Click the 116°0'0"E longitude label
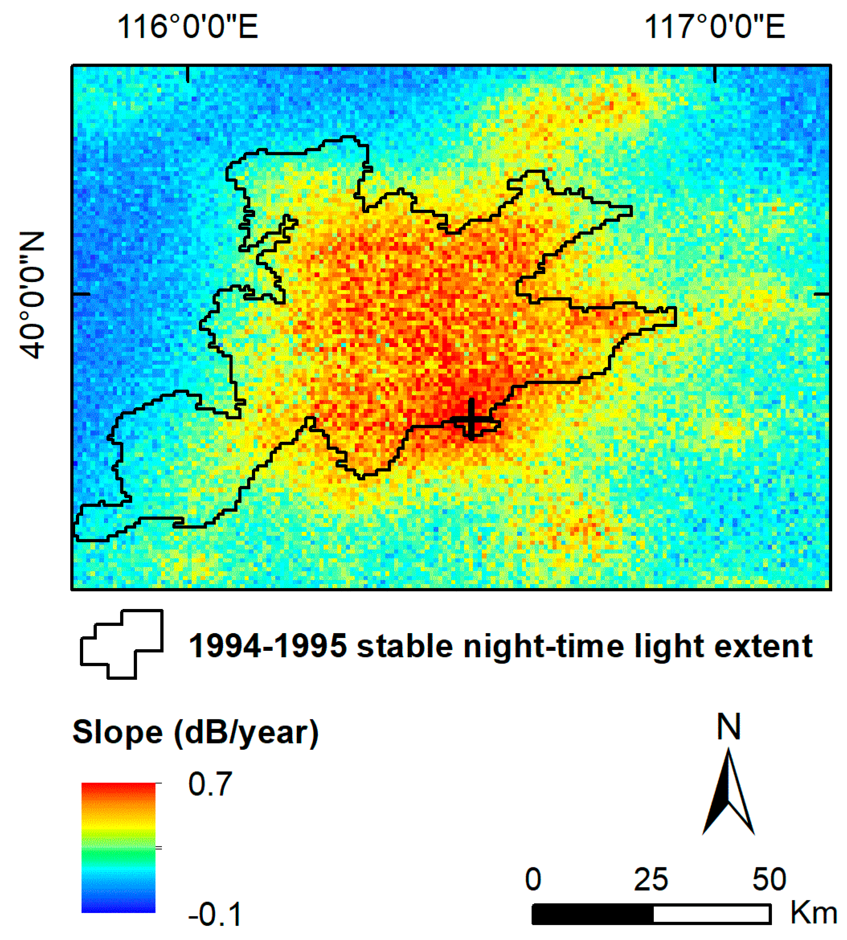[187, 27]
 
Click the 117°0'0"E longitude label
[714, 27]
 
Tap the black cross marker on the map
[471, 419]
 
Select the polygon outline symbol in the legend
[122, 644]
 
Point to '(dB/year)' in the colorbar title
[246, 733]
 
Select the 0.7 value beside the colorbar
[210, 784]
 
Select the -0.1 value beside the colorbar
[215, 914]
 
